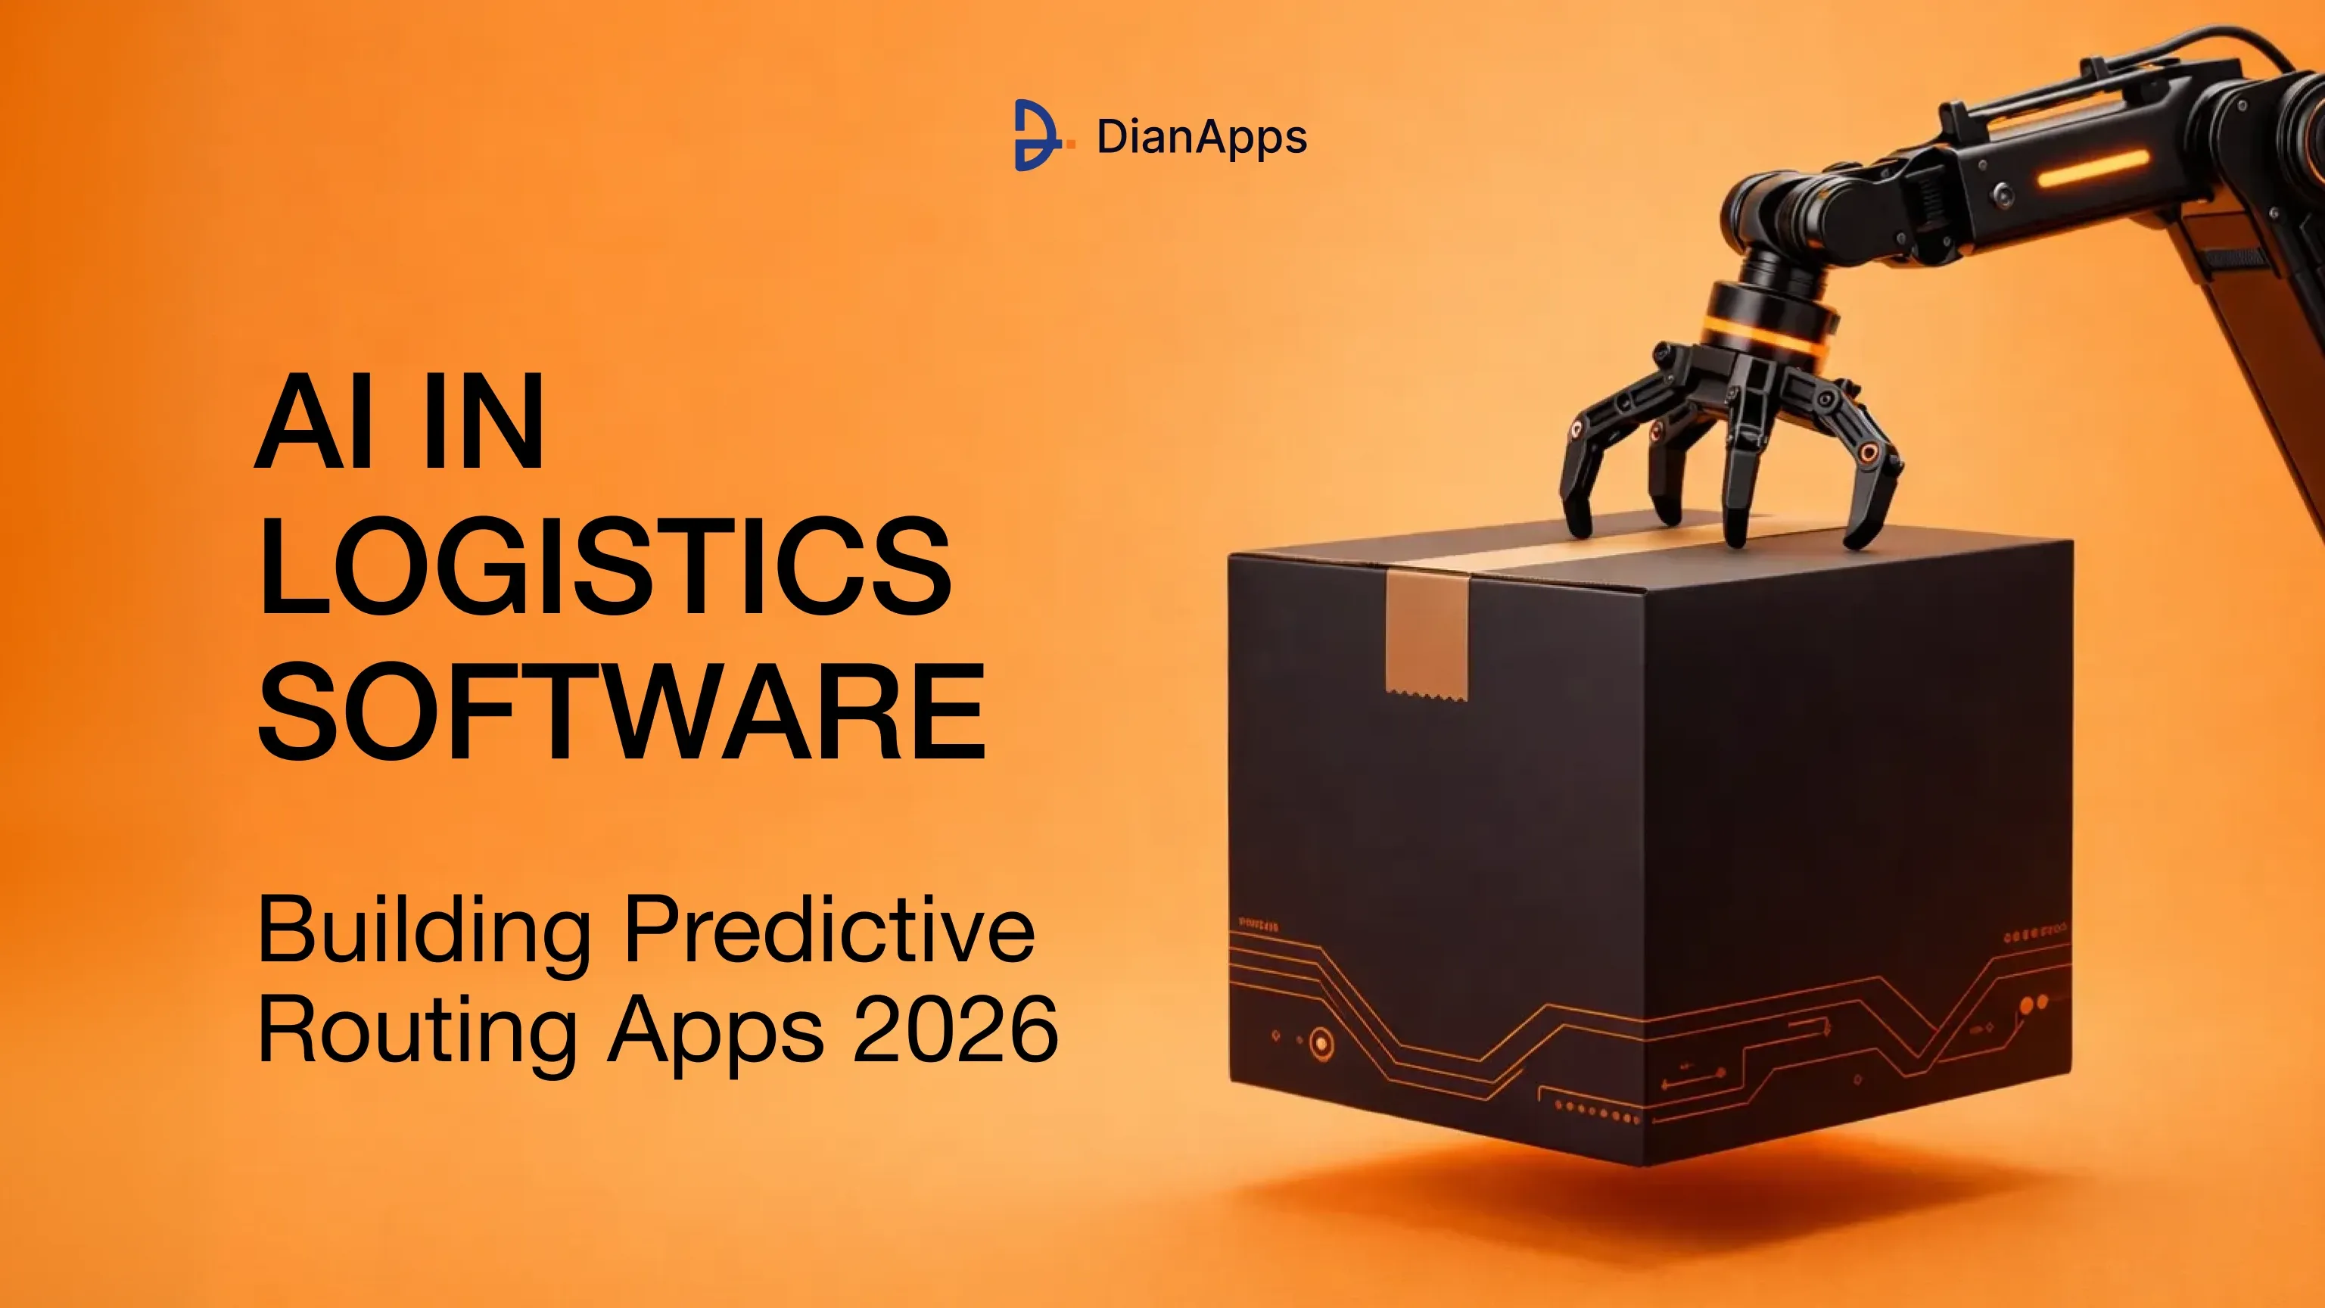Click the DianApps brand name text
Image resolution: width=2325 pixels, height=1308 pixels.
pyautogui.click(x=1201, y=138)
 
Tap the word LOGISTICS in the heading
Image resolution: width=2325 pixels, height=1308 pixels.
pyautogui.click(x=605, y=566)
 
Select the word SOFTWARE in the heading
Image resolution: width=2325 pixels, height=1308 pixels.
pyautogui.click(x=622, y=711)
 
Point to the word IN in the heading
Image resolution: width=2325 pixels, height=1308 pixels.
pyautogui.click(x=484, y=421)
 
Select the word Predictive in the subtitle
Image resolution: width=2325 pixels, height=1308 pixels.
pyautogui.click(x=829, y=928)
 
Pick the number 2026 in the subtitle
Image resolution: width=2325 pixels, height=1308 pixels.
pyautogui.click(x=955, y=1028)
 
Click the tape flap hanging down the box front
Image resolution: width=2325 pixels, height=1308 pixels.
pyautogui.click(x=1427, y=637)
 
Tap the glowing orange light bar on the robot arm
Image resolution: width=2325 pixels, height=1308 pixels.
pyautogui.click(x=2092, y=169)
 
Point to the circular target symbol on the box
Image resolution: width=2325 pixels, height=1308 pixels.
pyautogui.click(x=1321, y=1045)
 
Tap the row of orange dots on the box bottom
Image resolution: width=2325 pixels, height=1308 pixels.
pyautogui.click(x=1597, y=1111)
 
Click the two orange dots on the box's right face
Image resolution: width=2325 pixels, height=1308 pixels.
pyautogui.click(x=2034, y=1004)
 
